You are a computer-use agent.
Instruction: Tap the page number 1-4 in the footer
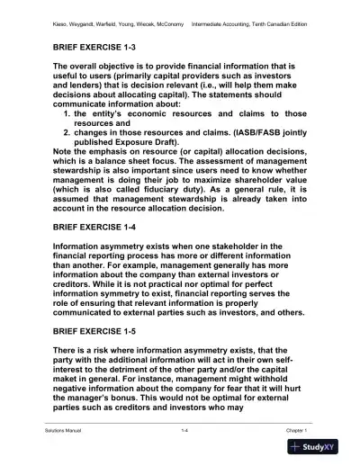184,432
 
